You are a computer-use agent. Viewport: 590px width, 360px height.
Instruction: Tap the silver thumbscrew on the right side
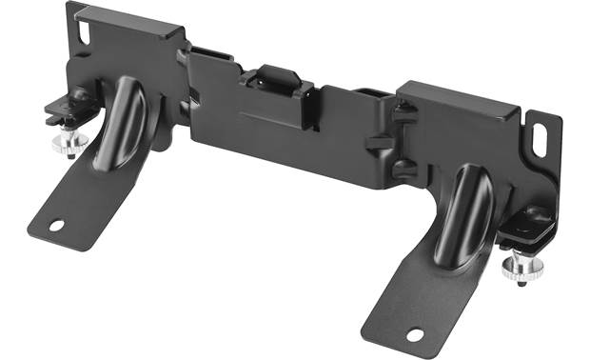(519, 266)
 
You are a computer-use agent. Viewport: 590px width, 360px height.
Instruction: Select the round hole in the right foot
(414, 334)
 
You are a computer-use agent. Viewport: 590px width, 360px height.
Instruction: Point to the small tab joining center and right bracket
(378, 143)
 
